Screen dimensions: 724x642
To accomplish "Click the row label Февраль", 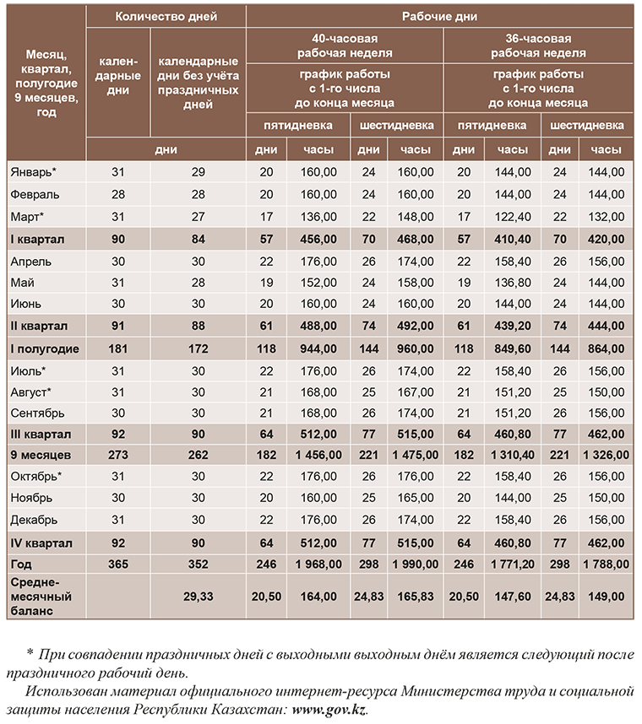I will tap(35, 194).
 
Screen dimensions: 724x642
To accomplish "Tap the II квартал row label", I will tap(39, 326).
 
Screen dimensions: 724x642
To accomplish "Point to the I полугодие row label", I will tap(44, 348).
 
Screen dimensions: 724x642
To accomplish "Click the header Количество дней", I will tap(166, 16).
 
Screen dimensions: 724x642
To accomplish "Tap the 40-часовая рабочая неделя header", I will tap(345, 46).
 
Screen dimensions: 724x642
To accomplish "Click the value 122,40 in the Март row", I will tap(513, 216).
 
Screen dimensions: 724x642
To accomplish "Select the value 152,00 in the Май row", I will tap(318, 282).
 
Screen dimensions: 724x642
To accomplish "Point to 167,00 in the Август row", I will tap(415, 392).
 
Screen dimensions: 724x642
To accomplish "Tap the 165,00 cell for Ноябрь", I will tap(415, 498).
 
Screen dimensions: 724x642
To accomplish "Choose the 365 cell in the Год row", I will tap(117, 564).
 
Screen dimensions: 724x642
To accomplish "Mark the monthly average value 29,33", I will tap(198, 597).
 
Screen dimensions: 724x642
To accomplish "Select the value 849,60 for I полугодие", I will tap(513, 348).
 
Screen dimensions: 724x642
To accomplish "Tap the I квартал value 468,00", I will tap(415, 239).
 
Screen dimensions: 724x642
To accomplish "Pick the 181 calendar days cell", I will tap(117, 348).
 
